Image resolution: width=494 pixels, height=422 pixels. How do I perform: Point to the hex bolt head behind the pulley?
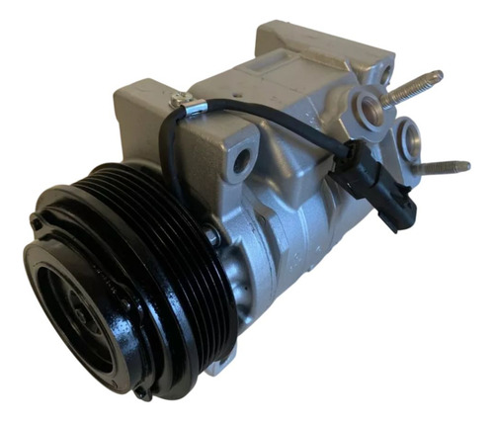pyautogui.click(x=211, y=237)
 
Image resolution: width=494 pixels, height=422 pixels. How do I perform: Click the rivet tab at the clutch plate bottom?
pyautogui.click(x=139, y=391)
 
